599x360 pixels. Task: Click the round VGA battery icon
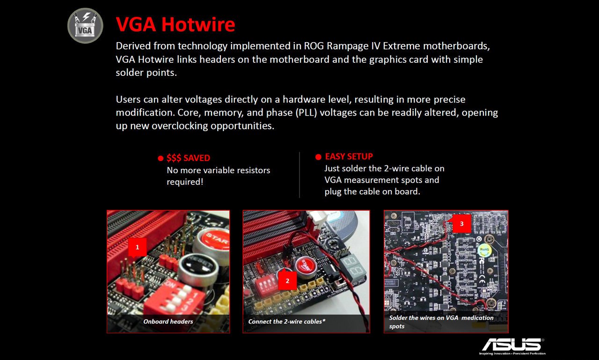[85, 26]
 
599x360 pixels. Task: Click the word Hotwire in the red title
[198, 24]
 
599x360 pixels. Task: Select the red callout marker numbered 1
[138, 247]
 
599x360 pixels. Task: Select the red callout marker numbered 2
[287, 281]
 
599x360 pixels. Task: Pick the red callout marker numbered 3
[461, 224]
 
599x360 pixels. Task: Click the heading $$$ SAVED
[188, 158]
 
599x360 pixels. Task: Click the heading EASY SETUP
[349, 156]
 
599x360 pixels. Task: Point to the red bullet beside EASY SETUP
[318, 157]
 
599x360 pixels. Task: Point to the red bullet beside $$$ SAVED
[161, 158]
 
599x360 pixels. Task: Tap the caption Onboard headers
[168, 322]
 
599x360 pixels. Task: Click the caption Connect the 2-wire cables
[285, 322]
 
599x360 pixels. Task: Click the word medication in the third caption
[477, 318]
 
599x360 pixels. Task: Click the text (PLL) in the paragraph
[306, 113]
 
